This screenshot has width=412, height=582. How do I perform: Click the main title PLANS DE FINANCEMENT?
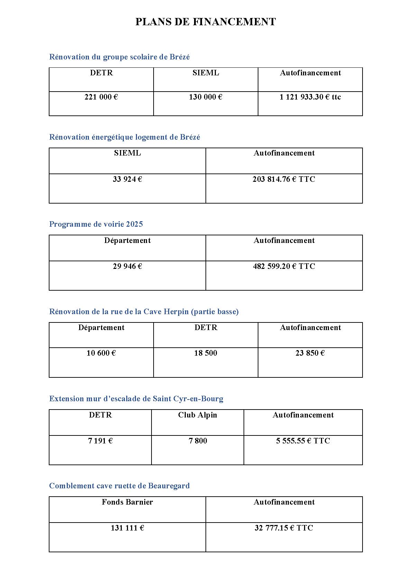click(x=205, y=22)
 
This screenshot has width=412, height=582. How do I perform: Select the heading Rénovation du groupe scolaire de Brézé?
click(x=119, y=57)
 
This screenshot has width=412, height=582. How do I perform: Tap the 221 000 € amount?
click(x=101, y=97)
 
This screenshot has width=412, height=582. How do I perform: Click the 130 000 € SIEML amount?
click(x=205, y=97)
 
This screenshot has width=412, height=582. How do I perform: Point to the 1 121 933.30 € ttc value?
click(x=310, y=97)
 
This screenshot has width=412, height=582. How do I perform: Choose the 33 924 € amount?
click(x=127, y=179)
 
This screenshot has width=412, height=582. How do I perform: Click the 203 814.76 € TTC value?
click(x=284, y=179)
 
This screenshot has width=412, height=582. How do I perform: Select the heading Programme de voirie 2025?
click(x=96, y=224)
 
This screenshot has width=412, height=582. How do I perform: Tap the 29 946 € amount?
click(x=127, y=266)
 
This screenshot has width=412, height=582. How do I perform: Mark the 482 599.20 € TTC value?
click(x=284, y=266)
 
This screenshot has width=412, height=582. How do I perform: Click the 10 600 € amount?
click(x=101, y=353)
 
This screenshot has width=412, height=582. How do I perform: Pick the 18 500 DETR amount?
click(x=205, y=353)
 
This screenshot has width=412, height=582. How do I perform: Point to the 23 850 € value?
click(x=310, y=353)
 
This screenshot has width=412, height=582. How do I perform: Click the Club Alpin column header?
click(x=198, y=415)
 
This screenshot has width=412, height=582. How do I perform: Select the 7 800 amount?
click(x=198, y=441)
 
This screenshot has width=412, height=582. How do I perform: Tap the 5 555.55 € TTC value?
click(x=303, y=441)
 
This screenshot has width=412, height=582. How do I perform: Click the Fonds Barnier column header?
click(x=127, y=502)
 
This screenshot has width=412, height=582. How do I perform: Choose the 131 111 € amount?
click(x=127, y=528)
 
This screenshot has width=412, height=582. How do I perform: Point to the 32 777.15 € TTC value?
click(x=284, y=528)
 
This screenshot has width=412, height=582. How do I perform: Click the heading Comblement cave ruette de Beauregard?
click(x=119, y=486)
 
